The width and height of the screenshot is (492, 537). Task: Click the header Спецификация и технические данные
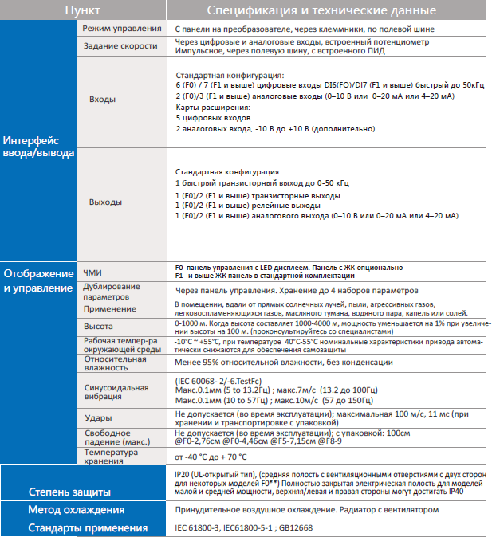(321, 10)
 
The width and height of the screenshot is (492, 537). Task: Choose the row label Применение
(109, 309)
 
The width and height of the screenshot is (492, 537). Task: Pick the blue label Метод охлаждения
(76, 510)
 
